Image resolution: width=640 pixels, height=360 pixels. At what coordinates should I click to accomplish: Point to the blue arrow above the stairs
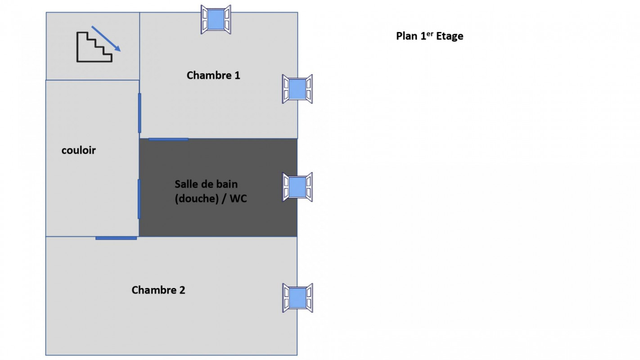pos(106,39)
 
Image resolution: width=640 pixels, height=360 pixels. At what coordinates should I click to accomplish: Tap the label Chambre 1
pos(213,76)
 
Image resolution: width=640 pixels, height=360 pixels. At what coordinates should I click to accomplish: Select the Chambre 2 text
pos(158,290)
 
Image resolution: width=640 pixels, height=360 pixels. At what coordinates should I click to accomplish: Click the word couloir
pos(79,150)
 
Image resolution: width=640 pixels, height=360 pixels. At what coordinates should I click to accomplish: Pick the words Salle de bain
pos(206,184)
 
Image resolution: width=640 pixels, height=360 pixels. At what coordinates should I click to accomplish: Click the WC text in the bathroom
pos(238,198)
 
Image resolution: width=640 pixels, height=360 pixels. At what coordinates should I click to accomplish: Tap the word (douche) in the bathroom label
pos(197,198)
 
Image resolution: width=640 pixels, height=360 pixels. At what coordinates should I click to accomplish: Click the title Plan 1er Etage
pos(430,36)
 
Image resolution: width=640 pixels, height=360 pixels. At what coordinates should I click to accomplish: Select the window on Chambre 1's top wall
pos(216,19)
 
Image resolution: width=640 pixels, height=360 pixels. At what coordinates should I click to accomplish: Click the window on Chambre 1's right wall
pos(297,89)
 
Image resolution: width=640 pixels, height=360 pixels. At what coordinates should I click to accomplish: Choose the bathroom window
pos(297,187)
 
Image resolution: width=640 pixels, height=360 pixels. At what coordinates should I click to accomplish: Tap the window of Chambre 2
pos(297,298)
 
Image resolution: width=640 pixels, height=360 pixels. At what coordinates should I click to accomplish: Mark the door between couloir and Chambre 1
pos(140,113)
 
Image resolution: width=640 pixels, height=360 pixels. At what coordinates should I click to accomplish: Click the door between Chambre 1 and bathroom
pos(168,139)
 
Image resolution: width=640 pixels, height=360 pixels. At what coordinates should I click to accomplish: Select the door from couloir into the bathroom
pos(139,199)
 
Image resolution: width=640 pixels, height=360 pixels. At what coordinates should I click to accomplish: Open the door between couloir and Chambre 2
pos(116,238)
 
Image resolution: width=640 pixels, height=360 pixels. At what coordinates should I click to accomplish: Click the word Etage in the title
pos(450,36)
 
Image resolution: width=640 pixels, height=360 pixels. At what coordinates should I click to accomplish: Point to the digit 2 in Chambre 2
pos(182,290)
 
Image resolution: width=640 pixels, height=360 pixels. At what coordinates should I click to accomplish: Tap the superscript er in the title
pos(430,34)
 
